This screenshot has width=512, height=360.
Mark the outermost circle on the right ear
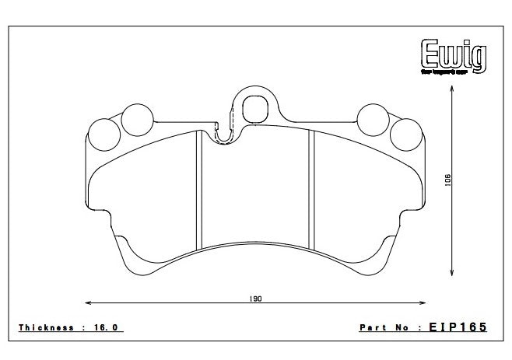point(405,134)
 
